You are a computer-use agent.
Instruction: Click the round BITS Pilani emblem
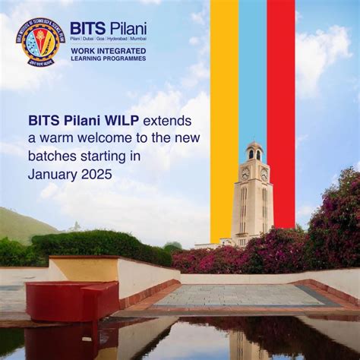click(39, 42)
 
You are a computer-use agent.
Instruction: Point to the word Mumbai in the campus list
click(138, 38)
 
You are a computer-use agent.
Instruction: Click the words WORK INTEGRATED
click(108, 50)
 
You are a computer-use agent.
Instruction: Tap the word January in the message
click(51, 174)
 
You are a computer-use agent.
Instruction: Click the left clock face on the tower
click(245, 173)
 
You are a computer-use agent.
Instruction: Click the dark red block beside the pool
click(72, 300)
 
